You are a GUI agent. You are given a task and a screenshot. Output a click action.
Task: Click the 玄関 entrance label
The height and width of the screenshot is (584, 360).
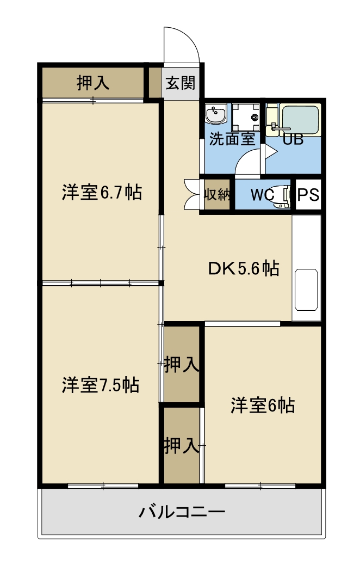coord(181,83)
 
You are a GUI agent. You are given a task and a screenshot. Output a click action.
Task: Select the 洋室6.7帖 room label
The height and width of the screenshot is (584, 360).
coord(102,192)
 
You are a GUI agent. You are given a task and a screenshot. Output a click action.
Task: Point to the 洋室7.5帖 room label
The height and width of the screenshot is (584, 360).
coord(101,385)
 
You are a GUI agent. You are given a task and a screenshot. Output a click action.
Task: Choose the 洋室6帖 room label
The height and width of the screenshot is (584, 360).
coord(263,405)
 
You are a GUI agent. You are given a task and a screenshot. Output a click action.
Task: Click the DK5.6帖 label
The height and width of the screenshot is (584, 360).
coord(244,268)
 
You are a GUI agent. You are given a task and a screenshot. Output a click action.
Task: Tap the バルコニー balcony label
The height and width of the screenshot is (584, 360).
coord(182,512)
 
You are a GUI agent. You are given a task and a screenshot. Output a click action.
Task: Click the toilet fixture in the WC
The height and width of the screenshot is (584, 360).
coord(282,195)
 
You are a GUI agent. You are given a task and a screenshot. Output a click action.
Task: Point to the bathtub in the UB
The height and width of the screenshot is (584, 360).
coord(300,120)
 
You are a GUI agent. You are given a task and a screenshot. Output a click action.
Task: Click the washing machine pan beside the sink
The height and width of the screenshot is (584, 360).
coord(246,118)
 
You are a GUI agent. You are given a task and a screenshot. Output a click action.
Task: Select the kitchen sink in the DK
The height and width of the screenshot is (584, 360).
coord(306,290)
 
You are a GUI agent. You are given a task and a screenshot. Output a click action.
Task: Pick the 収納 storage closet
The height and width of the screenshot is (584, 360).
coord(216,195)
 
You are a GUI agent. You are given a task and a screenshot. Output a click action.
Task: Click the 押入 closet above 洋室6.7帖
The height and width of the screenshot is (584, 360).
coord(92,82)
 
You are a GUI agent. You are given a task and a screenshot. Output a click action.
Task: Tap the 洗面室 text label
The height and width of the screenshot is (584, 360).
coord(232,139)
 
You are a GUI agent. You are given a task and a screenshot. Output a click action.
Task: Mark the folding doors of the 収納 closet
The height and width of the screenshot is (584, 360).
coord(192,195)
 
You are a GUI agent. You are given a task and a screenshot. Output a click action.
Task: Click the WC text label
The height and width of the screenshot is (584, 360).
coord(262,194)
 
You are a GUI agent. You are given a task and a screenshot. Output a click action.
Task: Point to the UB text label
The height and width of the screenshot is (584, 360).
coord(293,139)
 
